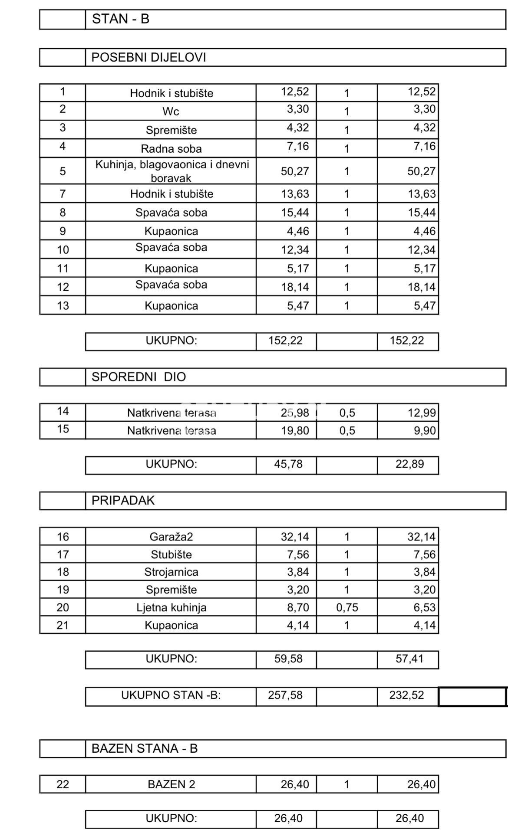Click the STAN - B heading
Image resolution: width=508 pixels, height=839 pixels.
coord(120,19)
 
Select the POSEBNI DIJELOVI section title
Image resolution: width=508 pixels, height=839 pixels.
coord(148,57)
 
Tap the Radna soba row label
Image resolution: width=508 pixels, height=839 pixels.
coord(171,149)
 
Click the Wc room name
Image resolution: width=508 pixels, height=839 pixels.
coord(171,111)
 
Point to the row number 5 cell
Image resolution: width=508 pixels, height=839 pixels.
coord(63,171)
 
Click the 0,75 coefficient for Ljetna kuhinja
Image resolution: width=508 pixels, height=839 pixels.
coord(347,607)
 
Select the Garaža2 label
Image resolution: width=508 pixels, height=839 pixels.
coord(171,537)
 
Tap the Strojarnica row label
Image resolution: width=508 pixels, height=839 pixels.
coord(171,572)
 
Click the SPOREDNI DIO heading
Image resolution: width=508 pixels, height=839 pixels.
coord(139,377)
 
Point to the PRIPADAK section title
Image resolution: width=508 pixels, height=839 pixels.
coord(123,500)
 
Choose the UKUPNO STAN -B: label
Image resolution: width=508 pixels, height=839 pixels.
coord(171,695)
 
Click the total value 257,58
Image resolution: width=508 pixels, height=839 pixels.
coord(285,695)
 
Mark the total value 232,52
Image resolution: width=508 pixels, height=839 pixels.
coord(406,695)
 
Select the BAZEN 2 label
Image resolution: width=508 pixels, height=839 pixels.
coord(171,784)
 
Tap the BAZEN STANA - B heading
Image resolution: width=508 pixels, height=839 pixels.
coord(144,748)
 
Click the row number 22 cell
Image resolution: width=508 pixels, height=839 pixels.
coord(63,784)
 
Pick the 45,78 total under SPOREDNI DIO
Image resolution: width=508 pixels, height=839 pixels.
coord(288,464)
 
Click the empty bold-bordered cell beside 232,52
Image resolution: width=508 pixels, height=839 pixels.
coord(472,696)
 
